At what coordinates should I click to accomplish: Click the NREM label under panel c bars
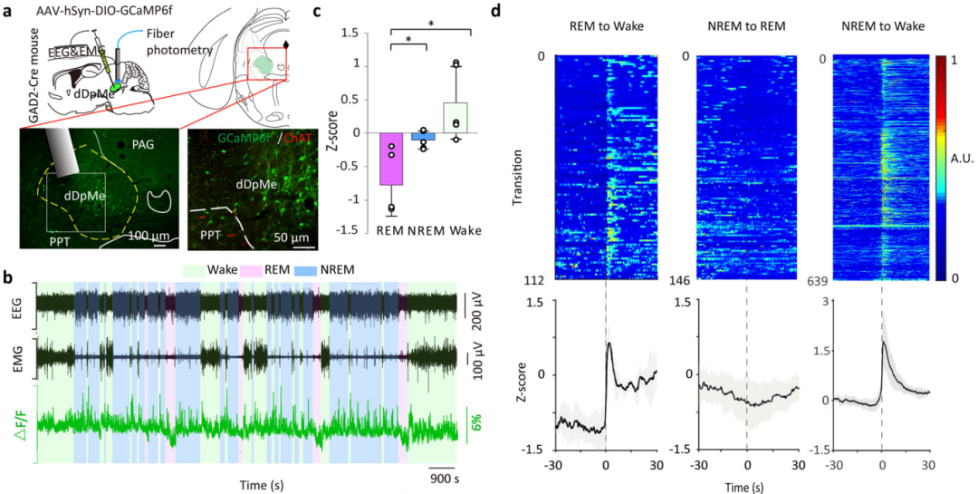(423, 230)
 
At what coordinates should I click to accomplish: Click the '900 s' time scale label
(445, 479)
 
